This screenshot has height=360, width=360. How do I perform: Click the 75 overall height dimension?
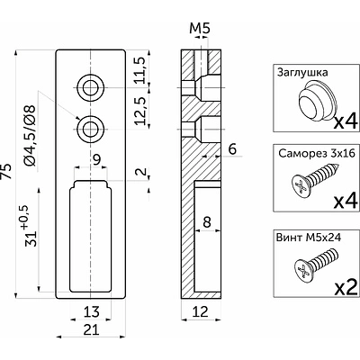[x=6, y=172]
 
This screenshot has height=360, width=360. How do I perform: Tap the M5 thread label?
[x=200, y=29]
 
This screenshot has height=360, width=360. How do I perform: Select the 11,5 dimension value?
[x=140, y=70]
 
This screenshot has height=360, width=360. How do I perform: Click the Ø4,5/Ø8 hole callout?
[x=31, y=136]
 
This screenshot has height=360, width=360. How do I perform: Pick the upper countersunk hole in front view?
[x=90, y=88]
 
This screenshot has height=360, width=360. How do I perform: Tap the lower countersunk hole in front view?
[x=90, y=130]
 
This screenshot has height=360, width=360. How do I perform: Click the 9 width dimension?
[x=96, y=160]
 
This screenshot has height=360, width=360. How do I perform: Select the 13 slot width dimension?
[x=91, y=312]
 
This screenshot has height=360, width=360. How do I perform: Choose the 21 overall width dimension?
[x=91, y=330]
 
